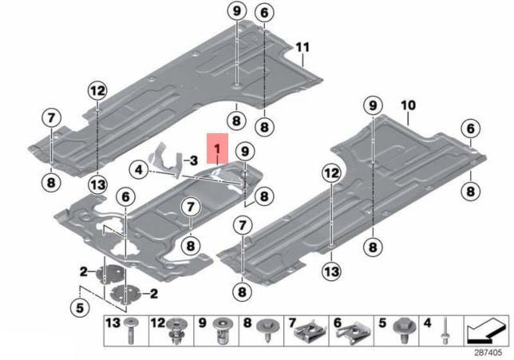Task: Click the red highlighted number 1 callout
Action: tap(217, 148)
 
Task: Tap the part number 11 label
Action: tap(303, 47)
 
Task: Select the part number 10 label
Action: tap(408, 106)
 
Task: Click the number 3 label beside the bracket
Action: tap(194, 161)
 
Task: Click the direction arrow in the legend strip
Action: tap(486, 330)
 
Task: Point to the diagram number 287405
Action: tap(488, 353)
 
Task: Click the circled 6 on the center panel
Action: tap(126, 197)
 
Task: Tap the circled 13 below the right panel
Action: tap(331, 271)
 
